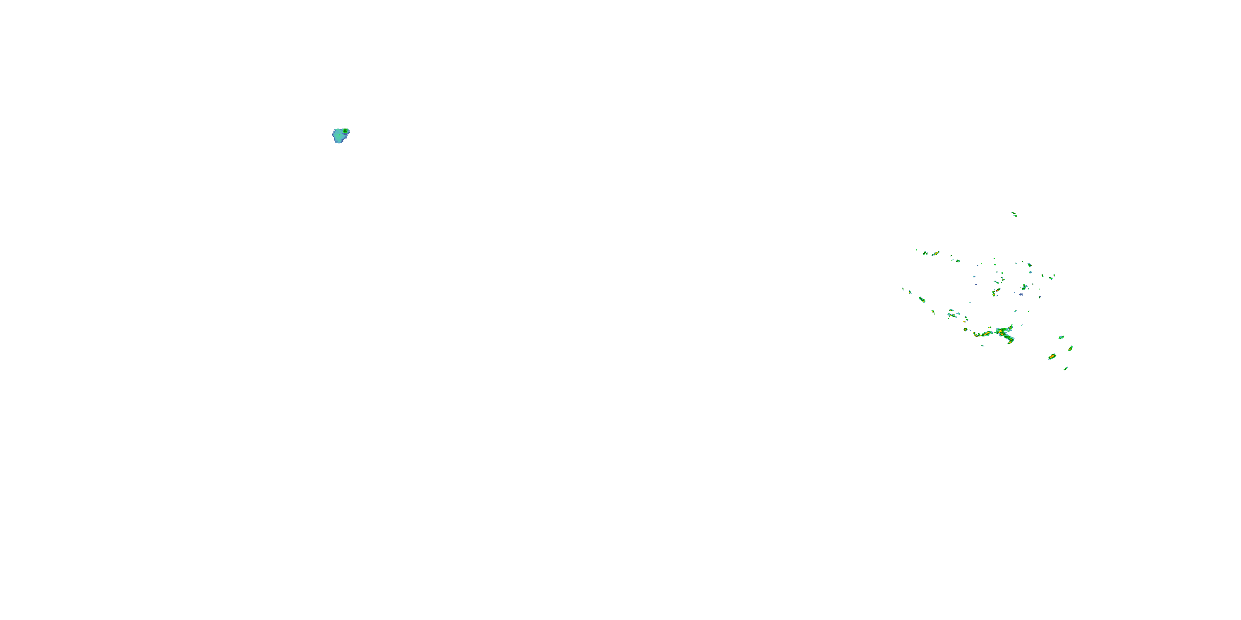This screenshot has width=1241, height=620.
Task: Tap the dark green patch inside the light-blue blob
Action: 345,131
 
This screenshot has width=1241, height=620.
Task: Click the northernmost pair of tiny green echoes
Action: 1014,214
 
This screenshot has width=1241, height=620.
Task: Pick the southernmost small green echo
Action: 1066,369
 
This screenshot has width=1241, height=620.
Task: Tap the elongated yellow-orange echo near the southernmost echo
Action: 1052,357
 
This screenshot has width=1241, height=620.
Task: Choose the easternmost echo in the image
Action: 1071,348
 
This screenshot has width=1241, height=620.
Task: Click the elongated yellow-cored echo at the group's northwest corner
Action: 936,253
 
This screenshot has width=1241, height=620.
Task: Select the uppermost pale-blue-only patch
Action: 974,277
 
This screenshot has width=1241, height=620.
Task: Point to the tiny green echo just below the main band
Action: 983,346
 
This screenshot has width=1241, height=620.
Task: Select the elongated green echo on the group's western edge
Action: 922,299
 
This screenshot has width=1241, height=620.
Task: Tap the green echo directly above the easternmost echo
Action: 1061,337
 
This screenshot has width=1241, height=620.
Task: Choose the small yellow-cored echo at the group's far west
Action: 910,292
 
